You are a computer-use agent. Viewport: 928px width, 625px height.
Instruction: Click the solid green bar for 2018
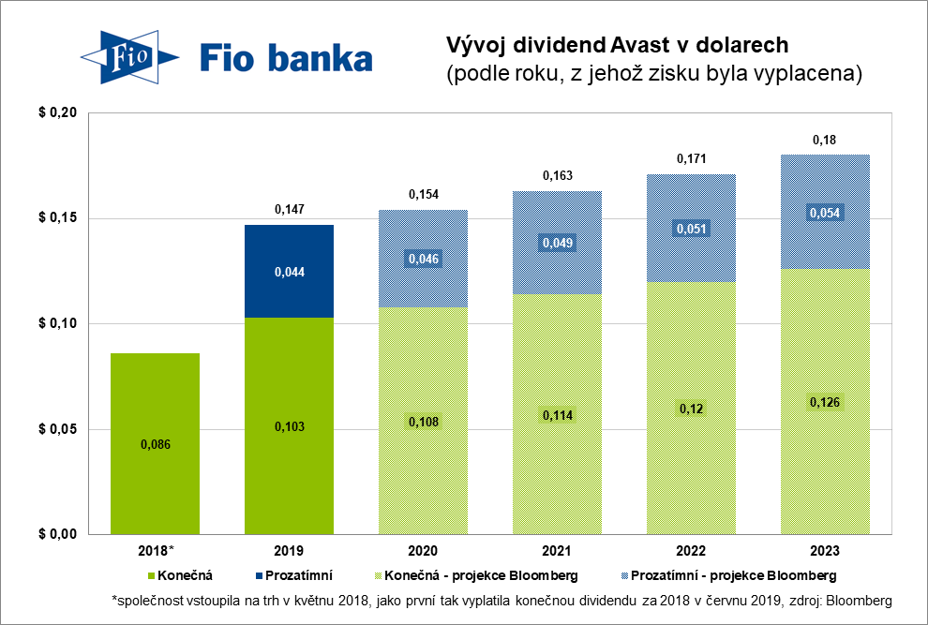pos(155,444)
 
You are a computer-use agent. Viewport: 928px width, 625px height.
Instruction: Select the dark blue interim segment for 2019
pos(290,271)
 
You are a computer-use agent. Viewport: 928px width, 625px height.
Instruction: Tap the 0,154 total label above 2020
pos(424,195)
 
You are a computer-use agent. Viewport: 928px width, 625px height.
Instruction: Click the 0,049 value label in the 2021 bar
pos(558,243)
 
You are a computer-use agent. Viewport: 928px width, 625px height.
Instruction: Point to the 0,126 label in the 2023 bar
pos(825,403)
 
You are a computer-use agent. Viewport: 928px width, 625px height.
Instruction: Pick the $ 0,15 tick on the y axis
pos(58,217)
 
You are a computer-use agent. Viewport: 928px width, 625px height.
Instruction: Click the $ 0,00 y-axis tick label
pos(58,534)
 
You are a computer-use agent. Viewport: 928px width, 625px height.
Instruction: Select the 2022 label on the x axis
pos(691,551)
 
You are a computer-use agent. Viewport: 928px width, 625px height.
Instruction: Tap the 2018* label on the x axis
pos(157,551)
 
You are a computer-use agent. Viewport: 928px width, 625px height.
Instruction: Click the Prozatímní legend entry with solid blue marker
pos(294,575)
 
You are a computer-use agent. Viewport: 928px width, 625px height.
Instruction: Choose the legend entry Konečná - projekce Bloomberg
pos(476,575)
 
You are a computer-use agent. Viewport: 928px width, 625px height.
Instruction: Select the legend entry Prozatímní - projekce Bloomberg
pos(729,575)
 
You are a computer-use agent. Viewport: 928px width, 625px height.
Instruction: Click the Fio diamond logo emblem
pos(129,57)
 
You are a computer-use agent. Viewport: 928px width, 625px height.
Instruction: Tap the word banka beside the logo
pos(321,59)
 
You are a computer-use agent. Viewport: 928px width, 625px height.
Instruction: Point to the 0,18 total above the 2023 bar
pos(825,141)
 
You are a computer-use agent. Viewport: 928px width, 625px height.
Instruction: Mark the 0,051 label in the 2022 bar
pos(691,229)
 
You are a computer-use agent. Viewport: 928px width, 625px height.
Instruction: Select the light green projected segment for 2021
pos(558,414)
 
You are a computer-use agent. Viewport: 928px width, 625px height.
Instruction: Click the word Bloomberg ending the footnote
pos(859,601)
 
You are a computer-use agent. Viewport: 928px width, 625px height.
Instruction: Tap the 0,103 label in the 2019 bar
pos(290,426)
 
